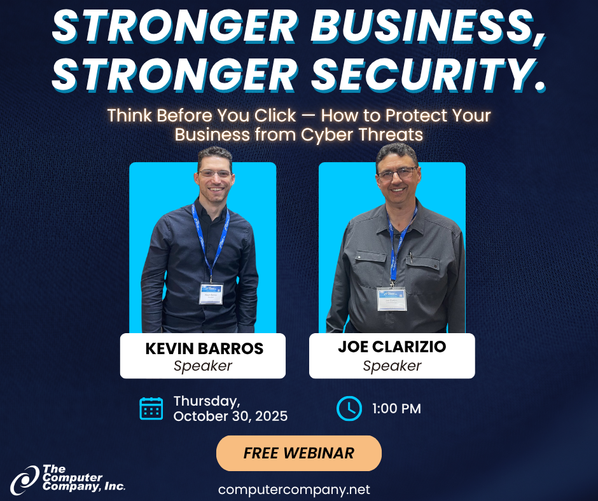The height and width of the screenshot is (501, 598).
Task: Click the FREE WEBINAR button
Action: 298,453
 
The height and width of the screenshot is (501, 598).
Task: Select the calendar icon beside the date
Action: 151,408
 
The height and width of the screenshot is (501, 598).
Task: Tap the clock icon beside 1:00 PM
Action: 349,408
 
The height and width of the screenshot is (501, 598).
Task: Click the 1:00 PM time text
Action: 396,409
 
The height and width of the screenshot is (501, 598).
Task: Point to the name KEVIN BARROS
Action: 204,348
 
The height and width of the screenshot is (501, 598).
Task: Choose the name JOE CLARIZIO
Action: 392,347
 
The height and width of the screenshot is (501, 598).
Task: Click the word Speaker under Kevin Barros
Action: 203,366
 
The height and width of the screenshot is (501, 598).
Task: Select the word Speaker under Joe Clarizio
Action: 392,366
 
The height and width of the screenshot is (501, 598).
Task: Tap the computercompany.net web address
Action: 294,490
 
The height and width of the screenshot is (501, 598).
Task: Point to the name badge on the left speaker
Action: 211,294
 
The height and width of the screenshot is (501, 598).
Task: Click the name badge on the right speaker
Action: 392,299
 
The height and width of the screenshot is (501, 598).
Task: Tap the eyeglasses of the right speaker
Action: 397,174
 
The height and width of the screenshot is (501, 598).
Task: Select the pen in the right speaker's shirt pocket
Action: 411,257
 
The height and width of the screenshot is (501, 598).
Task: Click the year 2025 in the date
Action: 271,416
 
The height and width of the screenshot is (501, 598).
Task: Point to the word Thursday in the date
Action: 207,401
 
